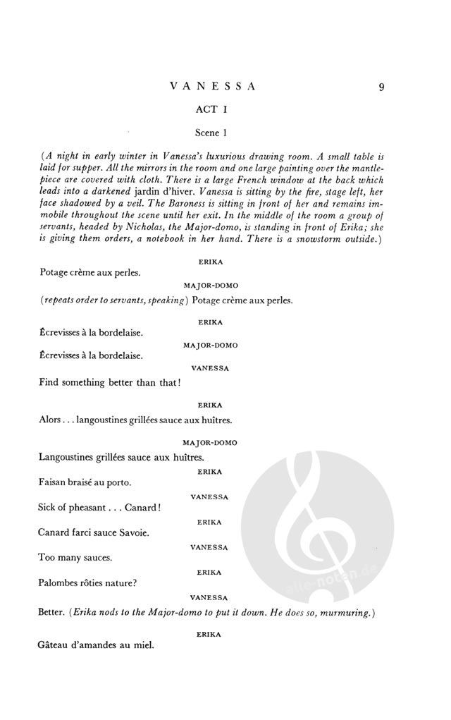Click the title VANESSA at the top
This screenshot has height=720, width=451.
[212, 87]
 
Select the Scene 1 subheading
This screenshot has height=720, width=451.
[212, 132]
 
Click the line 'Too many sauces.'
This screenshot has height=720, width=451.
[75, 557]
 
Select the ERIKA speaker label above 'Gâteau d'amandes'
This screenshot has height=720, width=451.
[210, 634]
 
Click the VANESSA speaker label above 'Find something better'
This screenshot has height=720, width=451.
[210, 368]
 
